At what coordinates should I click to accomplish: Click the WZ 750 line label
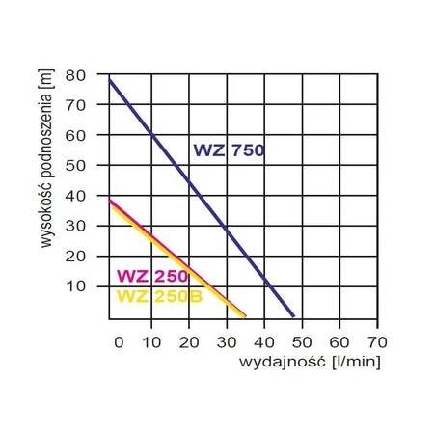click(229, 149)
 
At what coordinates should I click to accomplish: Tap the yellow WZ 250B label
click(159, 296)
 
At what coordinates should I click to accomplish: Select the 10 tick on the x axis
click(151, 341)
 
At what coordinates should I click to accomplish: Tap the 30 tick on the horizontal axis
click(227, 341)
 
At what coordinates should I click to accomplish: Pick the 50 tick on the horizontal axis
click(301, 341)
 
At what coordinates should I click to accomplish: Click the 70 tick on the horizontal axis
click(376, 341)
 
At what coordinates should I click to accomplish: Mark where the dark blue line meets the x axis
click(293, 316)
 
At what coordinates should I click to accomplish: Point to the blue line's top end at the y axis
click(109, 80)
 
